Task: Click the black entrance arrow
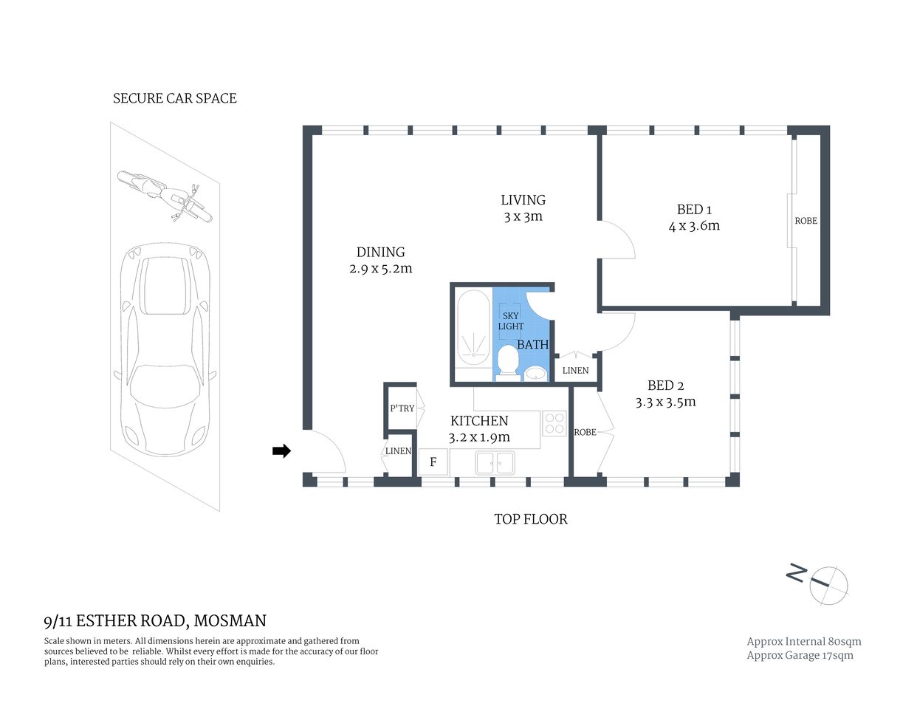(281, 451)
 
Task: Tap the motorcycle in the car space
(165, 195)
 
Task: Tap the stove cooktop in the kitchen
(554, 423)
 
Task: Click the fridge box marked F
(433, 463)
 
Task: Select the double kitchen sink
(495, 463)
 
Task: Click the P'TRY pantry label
(402, 408)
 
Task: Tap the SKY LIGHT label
(510, 321)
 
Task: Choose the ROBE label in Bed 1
(806, 221)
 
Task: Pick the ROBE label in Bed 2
(585, 432)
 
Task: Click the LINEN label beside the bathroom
(575, 370)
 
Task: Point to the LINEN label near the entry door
(398, 451)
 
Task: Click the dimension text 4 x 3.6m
(694, 226)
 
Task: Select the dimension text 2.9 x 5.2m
(380, 269)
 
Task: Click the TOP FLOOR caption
(530, 519)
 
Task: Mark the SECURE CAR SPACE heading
(174, 98)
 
